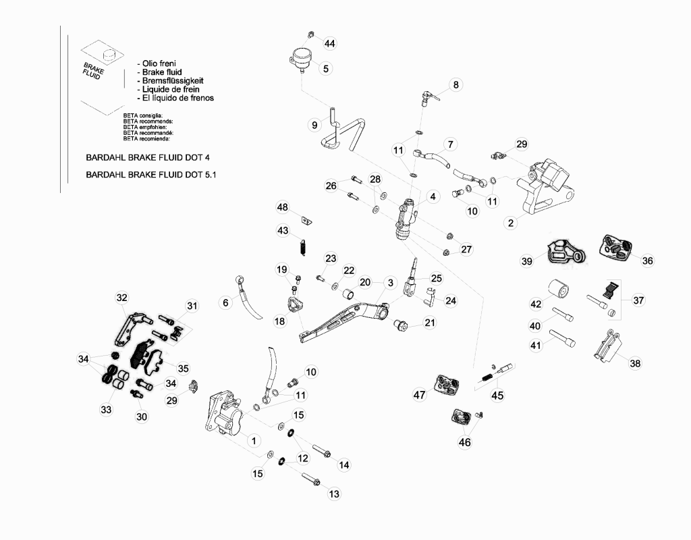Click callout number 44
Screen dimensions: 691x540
point(329,43)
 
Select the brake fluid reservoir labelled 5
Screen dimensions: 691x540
point(300,59)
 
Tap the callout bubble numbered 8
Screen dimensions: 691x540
point(455,84)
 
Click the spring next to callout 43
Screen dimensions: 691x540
point(303,247)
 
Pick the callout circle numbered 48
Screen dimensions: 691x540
point(283,207)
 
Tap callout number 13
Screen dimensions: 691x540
point(334,493)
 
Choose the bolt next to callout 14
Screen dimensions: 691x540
point(321,452)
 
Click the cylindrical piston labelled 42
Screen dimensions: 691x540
point(558,290)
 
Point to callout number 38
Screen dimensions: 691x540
point(635,363)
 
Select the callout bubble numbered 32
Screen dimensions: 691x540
point(121,298)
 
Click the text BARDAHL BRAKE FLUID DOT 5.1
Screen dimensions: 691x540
point(151,175)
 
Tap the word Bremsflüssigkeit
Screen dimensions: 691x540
point(173,81)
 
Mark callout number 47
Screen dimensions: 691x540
point(420,394)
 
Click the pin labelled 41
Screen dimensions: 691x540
point(562,338)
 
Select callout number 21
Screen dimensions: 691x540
point(430,322)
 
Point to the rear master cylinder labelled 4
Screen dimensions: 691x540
point(406,219)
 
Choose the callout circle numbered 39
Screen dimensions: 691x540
point(526,261)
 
